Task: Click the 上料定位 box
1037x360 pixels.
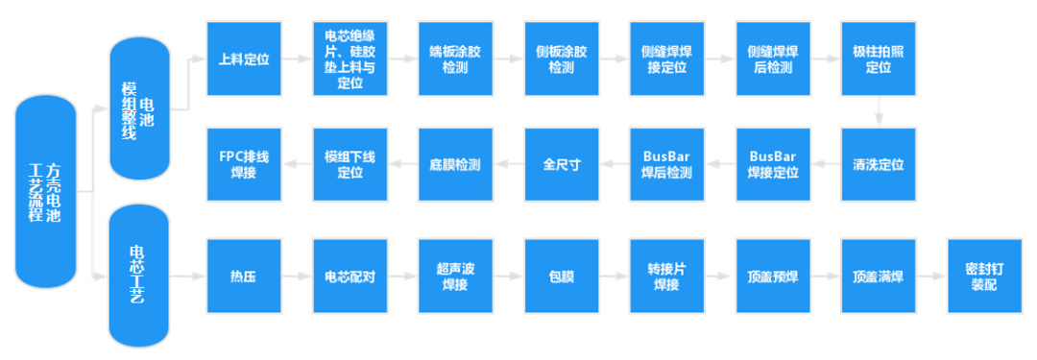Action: (244, 59)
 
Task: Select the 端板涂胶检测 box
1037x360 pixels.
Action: (455, 59)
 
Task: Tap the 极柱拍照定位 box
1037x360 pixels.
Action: (878, 59)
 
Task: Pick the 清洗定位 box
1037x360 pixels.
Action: (878, 164)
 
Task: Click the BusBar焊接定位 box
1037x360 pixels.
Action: (772, 164)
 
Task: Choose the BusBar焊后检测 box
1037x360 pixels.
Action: (666, 164)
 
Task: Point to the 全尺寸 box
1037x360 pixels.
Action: (561, 164)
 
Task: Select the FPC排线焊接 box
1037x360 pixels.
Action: (244, 164)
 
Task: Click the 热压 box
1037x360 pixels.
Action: (244, 276)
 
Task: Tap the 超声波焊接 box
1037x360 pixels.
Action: (455, 276)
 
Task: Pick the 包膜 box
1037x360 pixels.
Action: (561, 276)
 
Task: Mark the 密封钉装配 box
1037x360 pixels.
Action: (983, 276)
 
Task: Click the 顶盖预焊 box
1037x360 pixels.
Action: (772, 276)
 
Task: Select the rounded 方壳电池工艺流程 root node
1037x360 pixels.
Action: (45, 192)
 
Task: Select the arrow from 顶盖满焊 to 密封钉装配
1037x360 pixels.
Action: (930, 276)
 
